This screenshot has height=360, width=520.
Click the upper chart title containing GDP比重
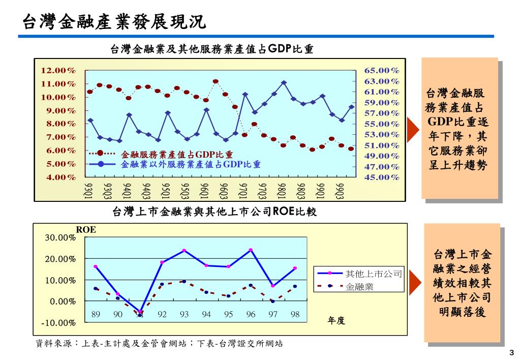coord(211,49)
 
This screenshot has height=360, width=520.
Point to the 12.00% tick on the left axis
coord(58,70)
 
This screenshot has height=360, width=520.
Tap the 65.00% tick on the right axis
coord(382,70)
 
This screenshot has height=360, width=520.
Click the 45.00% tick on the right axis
coord(382,177)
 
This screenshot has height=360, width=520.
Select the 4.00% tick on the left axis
coord(58,177)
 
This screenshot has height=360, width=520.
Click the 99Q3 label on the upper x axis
coord(341,191)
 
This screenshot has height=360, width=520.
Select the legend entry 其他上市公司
coord(374,274)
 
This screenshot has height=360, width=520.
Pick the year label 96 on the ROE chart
coord(251,315)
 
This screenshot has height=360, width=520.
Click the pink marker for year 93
coord(184,251)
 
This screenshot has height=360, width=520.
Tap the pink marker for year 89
coord(96,266)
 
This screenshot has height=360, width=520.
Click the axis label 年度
coord(337,320)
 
